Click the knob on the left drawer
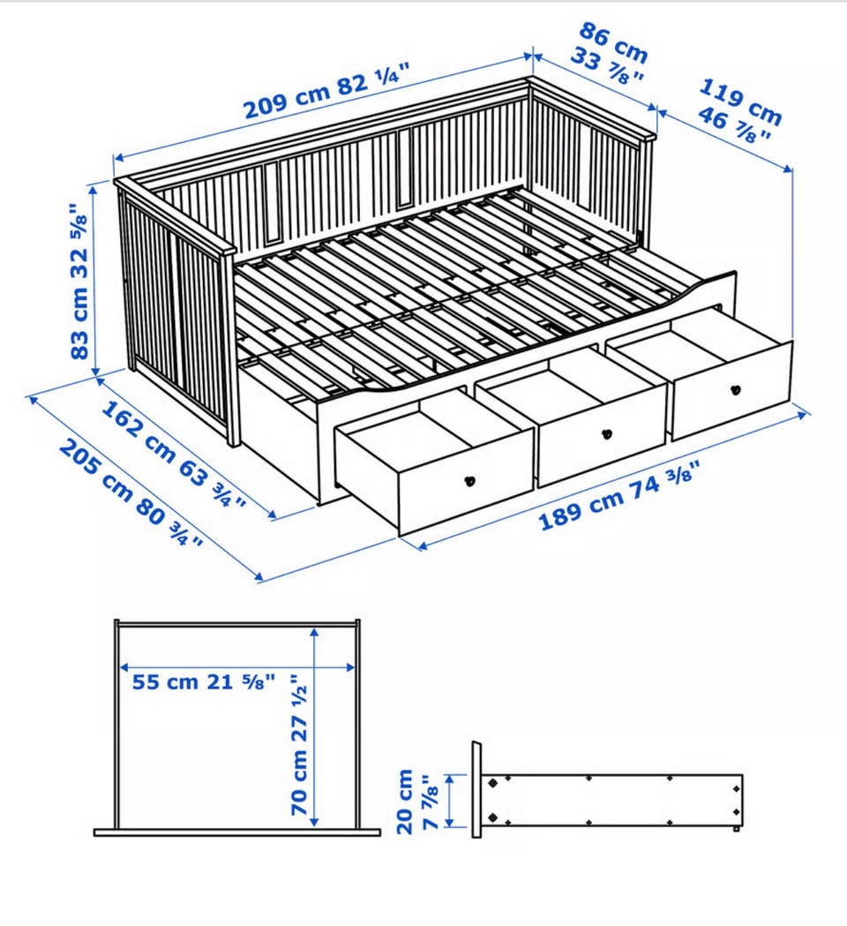pos(470,481)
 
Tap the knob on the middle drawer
pos(605,434)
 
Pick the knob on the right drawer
pos(736,390)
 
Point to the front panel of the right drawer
pos(732,391)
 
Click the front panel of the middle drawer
pos(602,436)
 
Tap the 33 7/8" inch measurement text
pos(605,69)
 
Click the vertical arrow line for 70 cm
pos(315,726)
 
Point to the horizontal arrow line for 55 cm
pos(237,668)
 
